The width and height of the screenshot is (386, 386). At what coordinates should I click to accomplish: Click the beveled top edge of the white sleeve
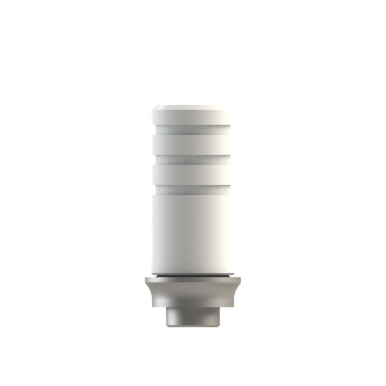pos(192,108)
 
